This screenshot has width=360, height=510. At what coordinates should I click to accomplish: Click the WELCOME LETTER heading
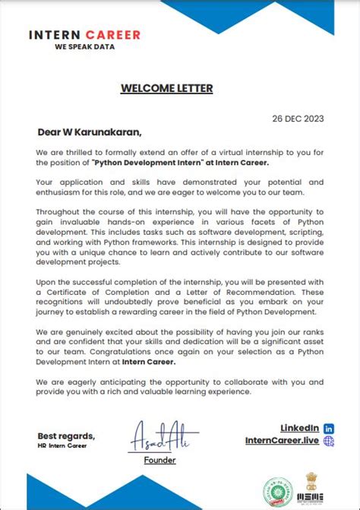pyautogui.click(x=166, y=88)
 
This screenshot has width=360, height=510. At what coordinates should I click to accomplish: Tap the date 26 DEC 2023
pyautogui.click(x=297, y=119)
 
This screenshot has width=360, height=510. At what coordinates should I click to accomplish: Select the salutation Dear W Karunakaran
pyautogui.click(x=90, y=131)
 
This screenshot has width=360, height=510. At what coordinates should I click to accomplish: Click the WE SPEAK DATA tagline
pyautogui.click(x=84, y=46)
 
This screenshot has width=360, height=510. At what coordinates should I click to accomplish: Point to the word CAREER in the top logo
pyautogui.click(x=113, y=35)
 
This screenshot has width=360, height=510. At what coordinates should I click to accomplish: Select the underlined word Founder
pyautogui.click(x=159, y=460)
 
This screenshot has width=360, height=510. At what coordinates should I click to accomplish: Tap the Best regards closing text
pyautogui.click(x=66, y=436)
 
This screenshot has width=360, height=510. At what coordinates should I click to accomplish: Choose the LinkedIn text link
pyautogui.click(x=299, y=428)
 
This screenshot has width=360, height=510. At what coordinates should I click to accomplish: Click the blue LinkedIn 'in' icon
pyautogui.click(x=328, y=428)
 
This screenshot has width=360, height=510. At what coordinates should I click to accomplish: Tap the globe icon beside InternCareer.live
pyautogui.click(x=328, y=440)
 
